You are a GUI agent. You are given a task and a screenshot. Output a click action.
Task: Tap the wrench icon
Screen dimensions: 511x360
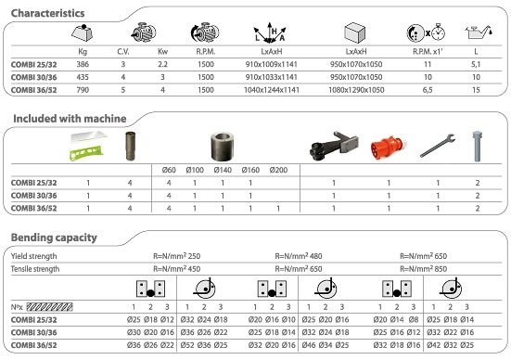(433, 147)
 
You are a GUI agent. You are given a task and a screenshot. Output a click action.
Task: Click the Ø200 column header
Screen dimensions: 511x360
(279, 170)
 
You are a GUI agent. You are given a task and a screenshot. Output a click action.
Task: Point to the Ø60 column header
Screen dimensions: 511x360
(168, 170)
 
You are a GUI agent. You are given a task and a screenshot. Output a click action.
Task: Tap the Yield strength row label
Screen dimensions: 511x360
(34, 255)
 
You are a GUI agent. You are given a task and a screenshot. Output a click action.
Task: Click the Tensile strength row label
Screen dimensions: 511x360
(37, 269)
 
